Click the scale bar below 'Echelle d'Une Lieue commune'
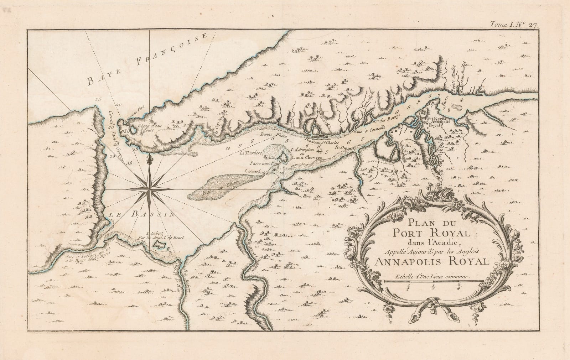click(433, 282)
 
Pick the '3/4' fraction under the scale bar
click(458, 287)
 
